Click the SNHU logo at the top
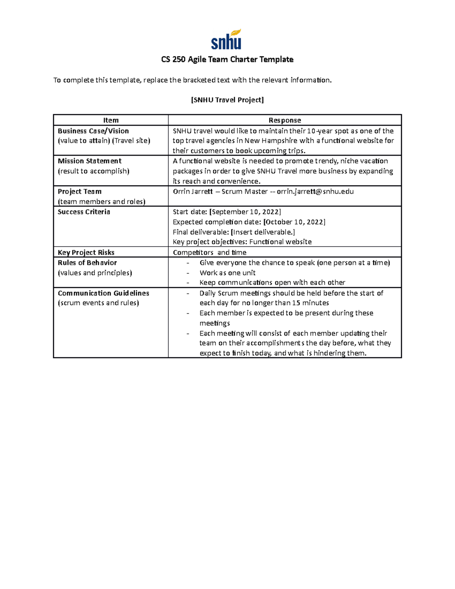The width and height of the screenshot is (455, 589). click(226, 39)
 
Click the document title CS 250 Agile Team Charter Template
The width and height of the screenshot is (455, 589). click(227, 60)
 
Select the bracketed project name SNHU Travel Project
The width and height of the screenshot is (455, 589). click(227, 100)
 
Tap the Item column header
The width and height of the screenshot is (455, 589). click(111, 120)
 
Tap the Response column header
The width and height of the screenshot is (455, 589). click(285, 120)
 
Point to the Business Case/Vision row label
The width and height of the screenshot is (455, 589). click(93, 131)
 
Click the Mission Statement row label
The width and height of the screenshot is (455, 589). click(89, 161)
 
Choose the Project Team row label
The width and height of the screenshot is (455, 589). click(80, 192)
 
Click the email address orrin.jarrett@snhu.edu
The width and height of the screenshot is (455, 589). click(315, 192)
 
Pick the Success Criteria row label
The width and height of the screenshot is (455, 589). click(84, 212)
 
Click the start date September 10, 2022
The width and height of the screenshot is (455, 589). click(245, 212)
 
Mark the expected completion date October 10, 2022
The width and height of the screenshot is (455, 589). click(294, 222)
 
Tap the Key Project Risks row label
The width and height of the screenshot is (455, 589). click(86, 253)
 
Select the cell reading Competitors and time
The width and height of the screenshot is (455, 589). click(210, 253)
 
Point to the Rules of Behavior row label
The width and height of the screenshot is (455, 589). click(87, 263)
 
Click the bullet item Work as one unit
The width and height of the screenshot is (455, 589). click(227, 273)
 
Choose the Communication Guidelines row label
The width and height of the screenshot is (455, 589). click(104, 293)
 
